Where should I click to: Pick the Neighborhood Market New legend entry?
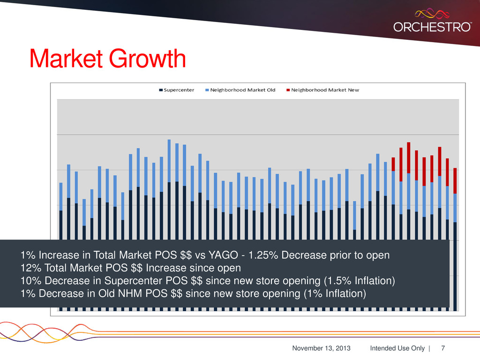[x=325, y=90]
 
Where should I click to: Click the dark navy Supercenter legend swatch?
[x=161, y=90]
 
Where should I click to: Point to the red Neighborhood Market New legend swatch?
[x=288, y=90]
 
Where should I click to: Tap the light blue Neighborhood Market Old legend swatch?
[x=207, y=90]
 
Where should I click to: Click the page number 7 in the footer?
[x=443, y=348]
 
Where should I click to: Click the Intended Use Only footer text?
[x=397, y=348]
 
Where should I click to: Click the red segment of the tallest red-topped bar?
[x=409, y=157]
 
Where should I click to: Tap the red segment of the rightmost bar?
[x=455, y=180]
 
